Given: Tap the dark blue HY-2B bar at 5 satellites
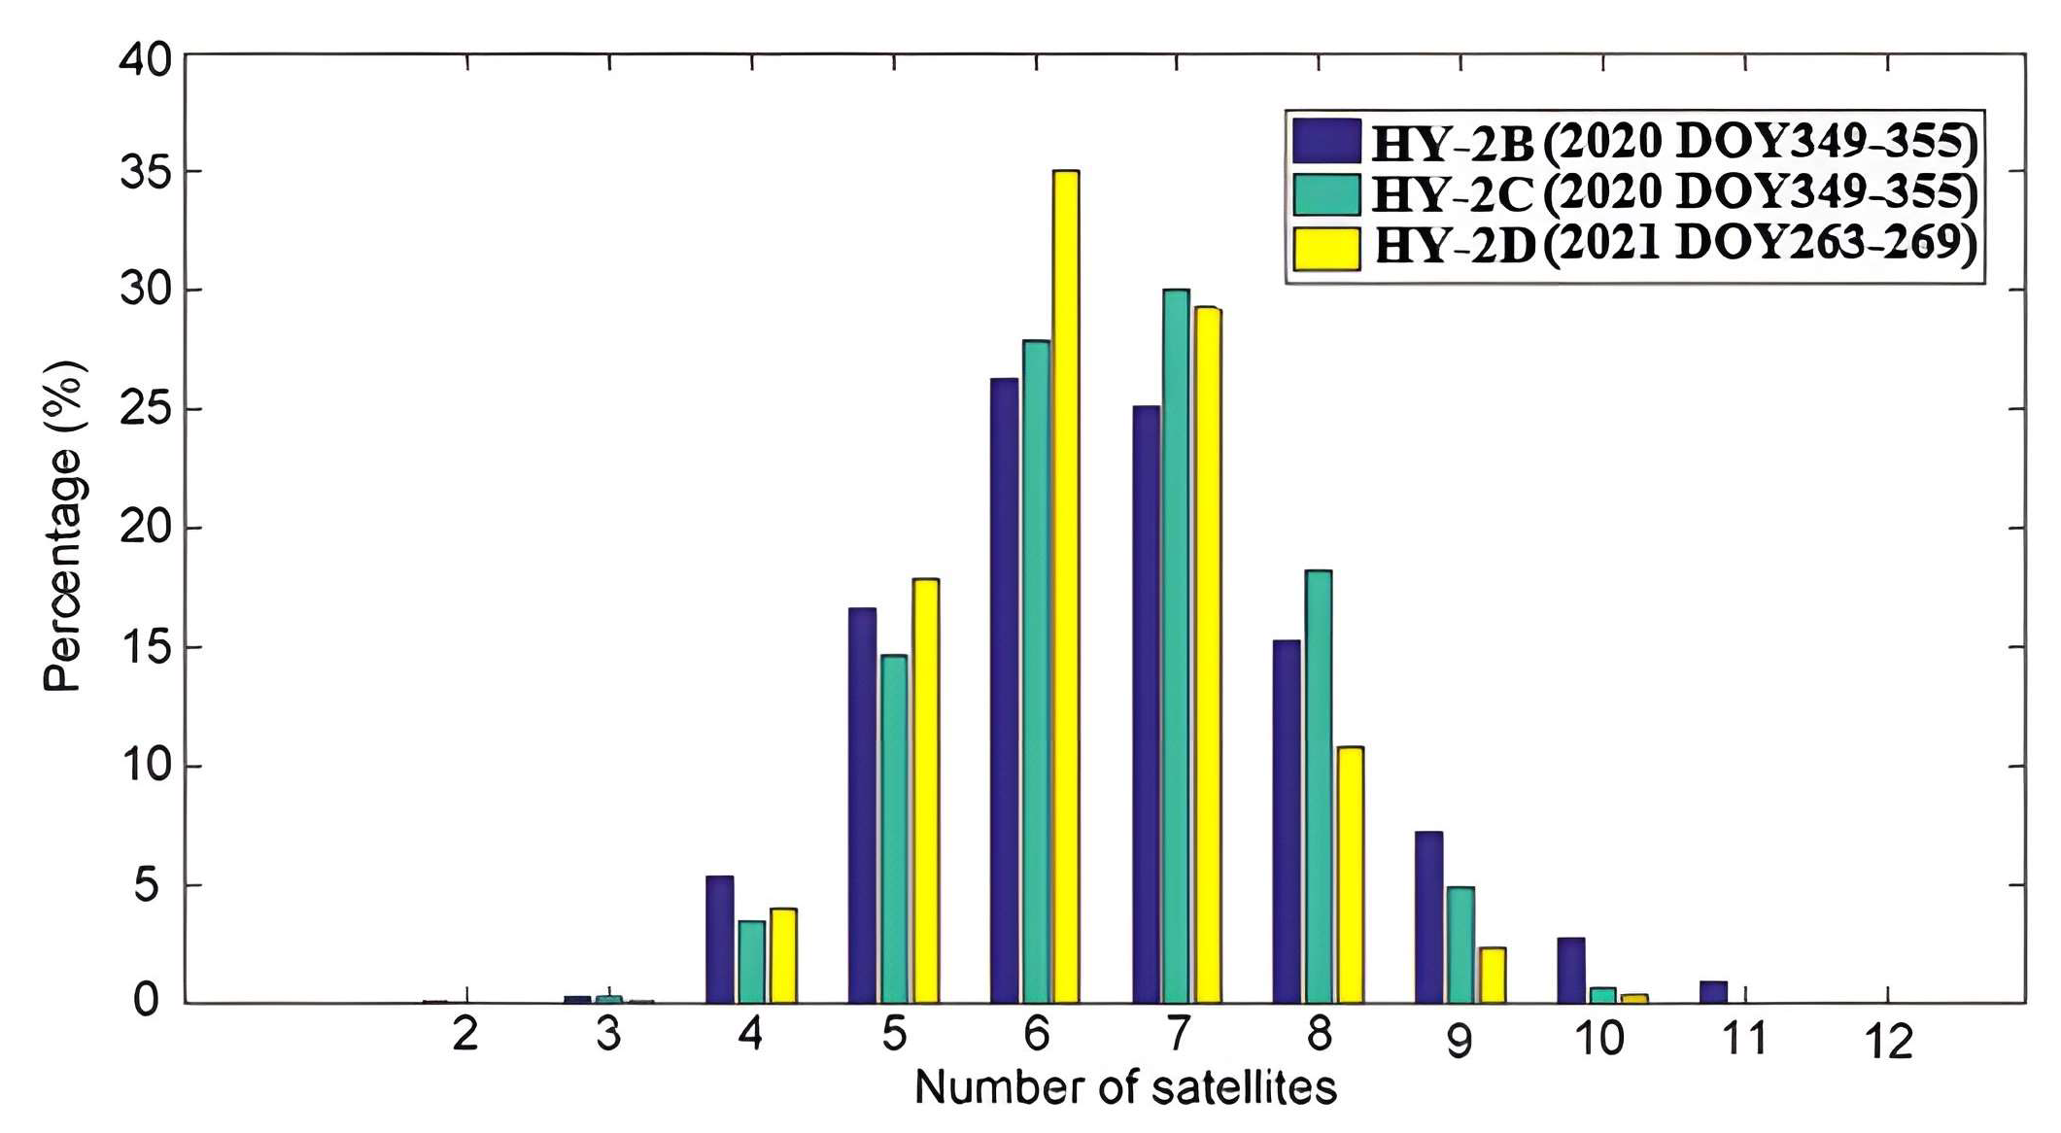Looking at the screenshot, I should (x=862, y=806).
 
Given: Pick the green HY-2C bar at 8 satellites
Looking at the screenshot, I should (x=1318, y=787).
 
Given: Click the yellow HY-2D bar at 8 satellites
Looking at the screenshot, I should (x=1350, y=875).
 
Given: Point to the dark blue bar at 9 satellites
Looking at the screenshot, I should (x=1428, y=917).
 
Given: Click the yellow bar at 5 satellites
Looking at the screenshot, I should (x=925, y=791).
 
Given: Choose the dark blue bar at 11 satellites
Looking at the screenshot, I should (x=1713, y=992).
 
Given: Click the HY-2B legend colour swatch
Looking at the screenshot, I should (x=1326, y=142).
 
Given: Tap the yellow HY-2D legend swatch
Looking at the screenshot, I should (x=1326, y=248).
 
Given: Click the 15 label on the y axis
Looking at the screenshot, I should (x=144, y=648).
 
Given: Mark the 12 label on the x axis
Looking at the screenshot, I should (x=1888, y=1043).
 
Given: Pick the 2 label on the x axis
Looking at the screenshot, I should (x=465, y=1036).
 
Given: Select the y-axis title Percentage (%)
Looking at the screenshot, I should (x=64, y=527).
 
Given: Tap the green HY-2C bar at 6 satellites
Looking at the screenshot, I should (x=1036, y=671).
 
